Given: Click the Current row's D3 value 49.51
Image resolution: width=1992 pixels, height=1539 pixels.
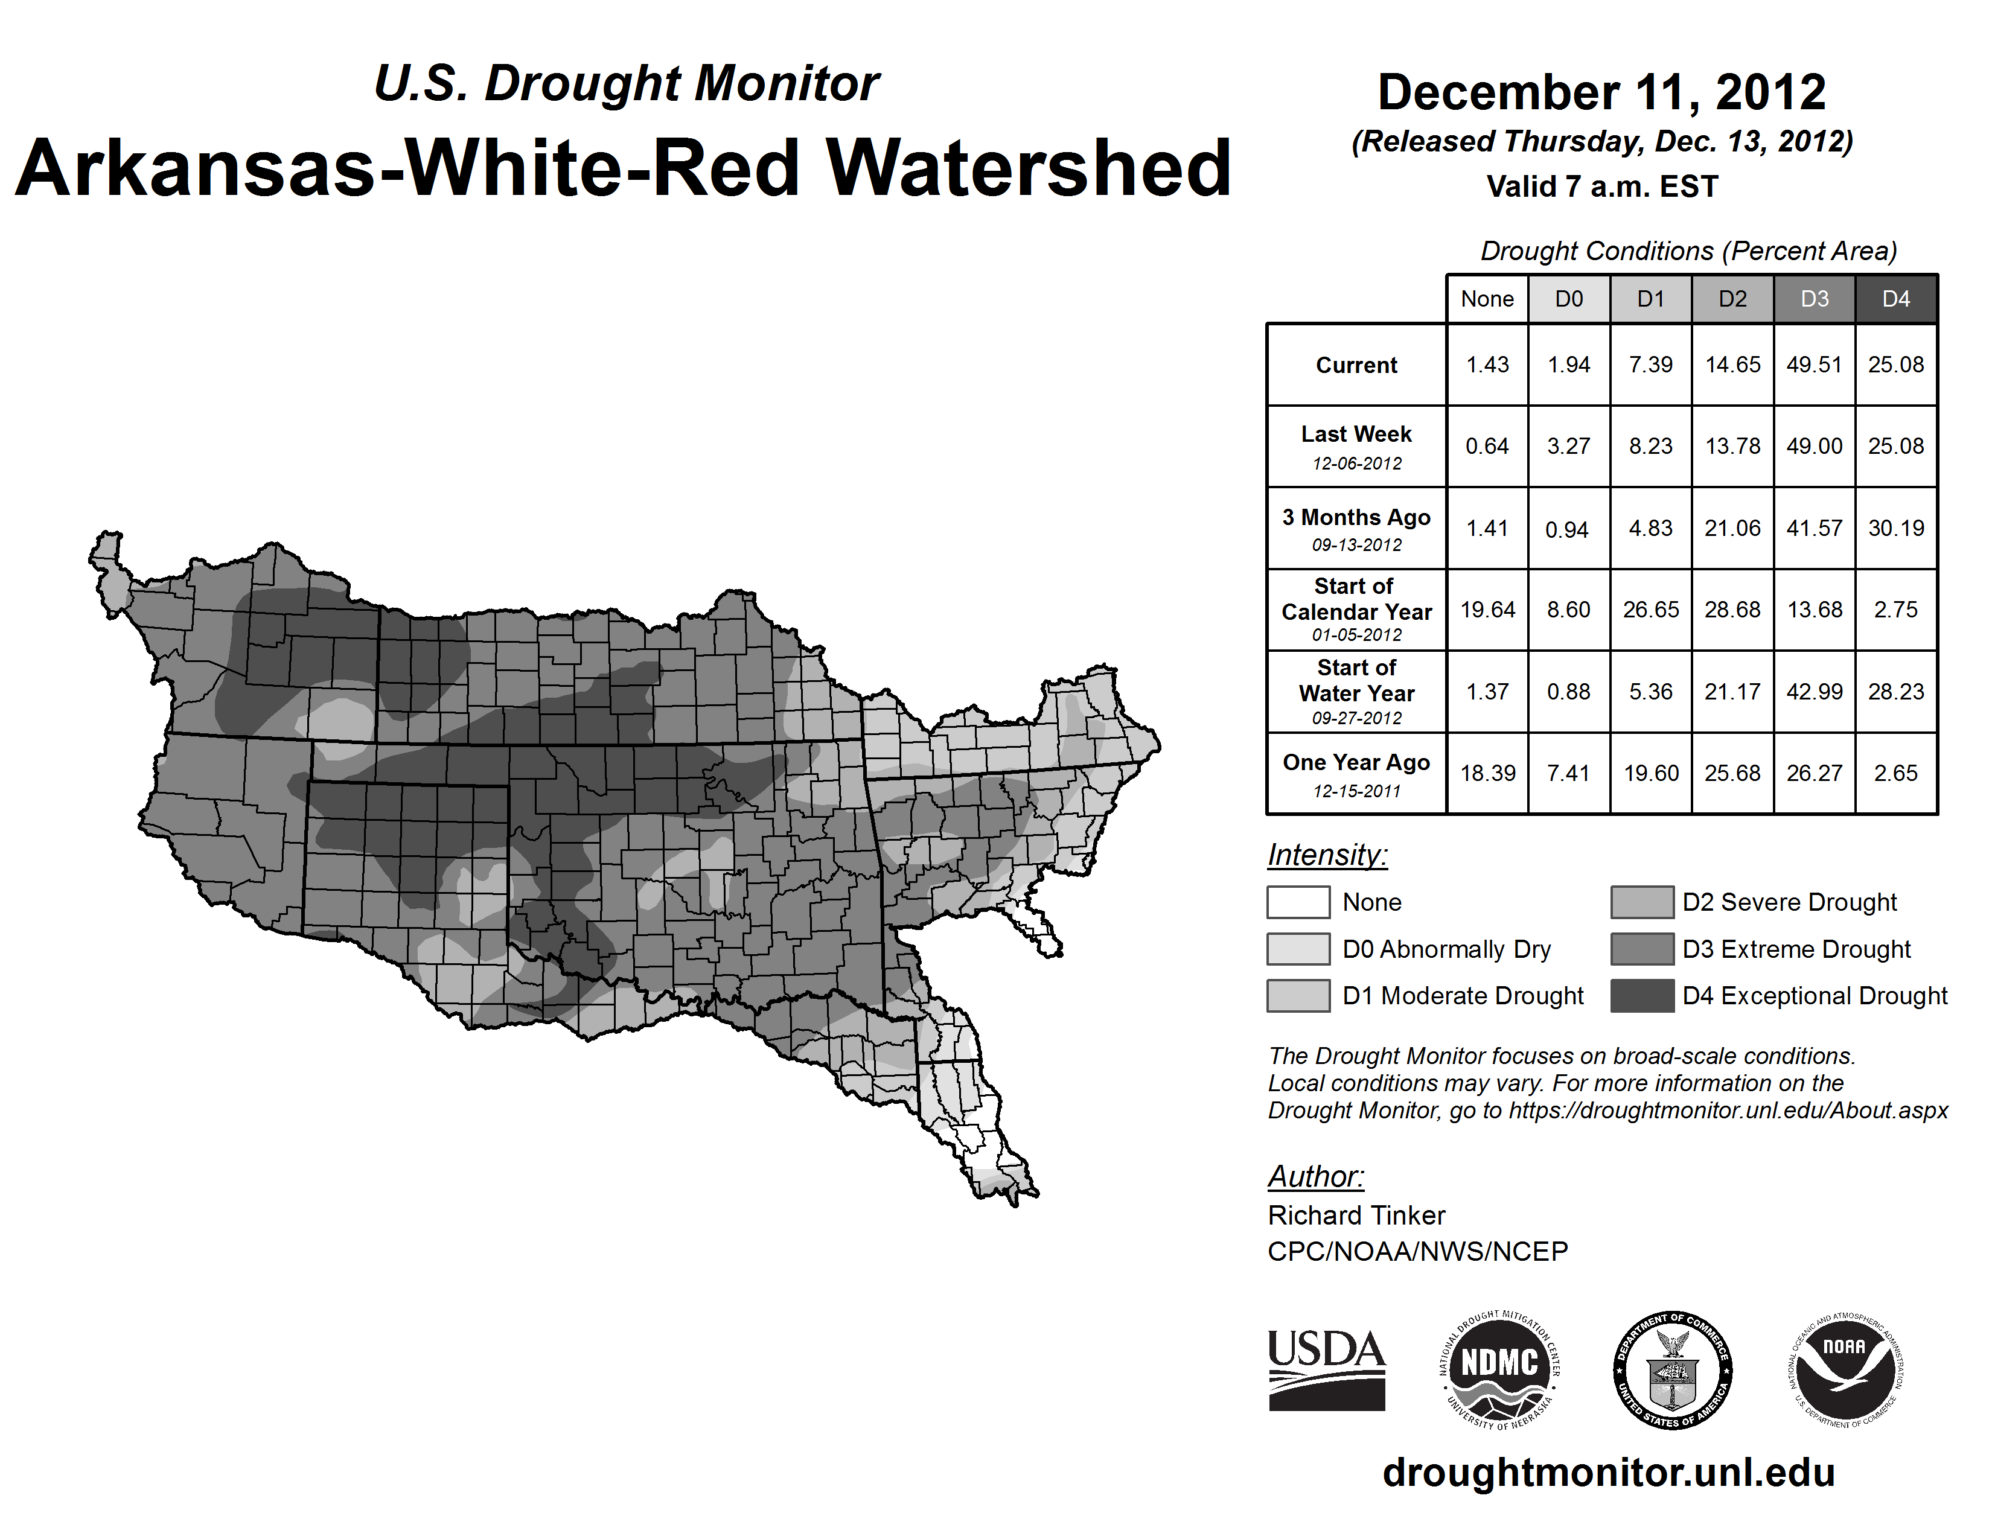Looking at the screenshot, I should click(x=1814, y=365).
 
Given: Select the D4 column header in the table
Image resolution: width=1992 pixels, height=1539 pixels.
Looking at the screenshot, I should click(x=1895, y=299).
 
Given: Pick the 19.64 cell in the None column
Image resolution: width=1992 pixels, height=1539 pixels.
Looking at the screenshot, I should click(x=1487, y=609).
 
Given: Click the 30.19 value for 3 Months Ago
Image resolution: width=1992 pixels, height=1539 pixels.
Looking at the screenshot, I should click(x=1895, y=528).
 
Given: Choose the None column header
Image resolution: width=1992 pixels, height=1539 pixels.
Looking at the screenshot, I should click(x=1487, y=299).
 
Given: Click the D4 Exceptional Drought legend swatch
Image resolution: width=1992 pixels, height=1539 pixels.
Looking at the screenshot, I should click(x=1642, y=996).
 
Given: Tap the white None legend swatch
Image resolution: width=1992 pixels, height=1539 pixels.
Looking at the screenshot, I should click(x=1298, y=902).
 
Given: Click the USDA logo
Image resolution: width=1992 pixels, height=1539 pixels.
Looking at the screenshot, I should click(x=1326, y=1369).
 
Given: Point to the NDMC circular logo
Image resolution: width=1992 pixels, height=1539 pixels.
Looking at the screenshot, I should click(x=1499, y=1369).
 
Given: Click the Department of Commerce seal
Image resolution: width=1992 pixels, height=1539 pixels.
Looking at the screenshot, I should click(x=1672, y=1369).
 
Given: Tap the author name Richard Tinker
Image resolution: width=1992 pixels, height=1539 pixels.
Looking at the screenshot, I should click(x=1356, y=1216).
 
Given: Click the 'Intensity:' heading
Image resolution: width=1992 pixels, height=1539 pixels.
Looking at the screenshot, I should click(x=1327, y=855).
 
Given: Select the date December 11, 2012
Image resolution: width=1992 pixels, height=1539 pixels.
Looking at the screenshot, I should click(x=1601, y=93).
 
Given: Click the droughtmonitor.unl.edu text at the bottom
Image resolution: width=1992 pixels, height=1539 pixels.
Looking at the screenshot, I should click(x=1608, y=1473).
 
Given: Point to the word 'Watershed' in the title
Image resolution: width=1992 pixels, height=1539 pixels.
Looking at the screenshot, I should click(x=1028, y=168).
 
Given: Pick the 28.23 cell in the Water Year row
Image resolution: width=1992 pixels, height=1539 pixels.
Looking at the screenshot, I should click(x=1895, y=691).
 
